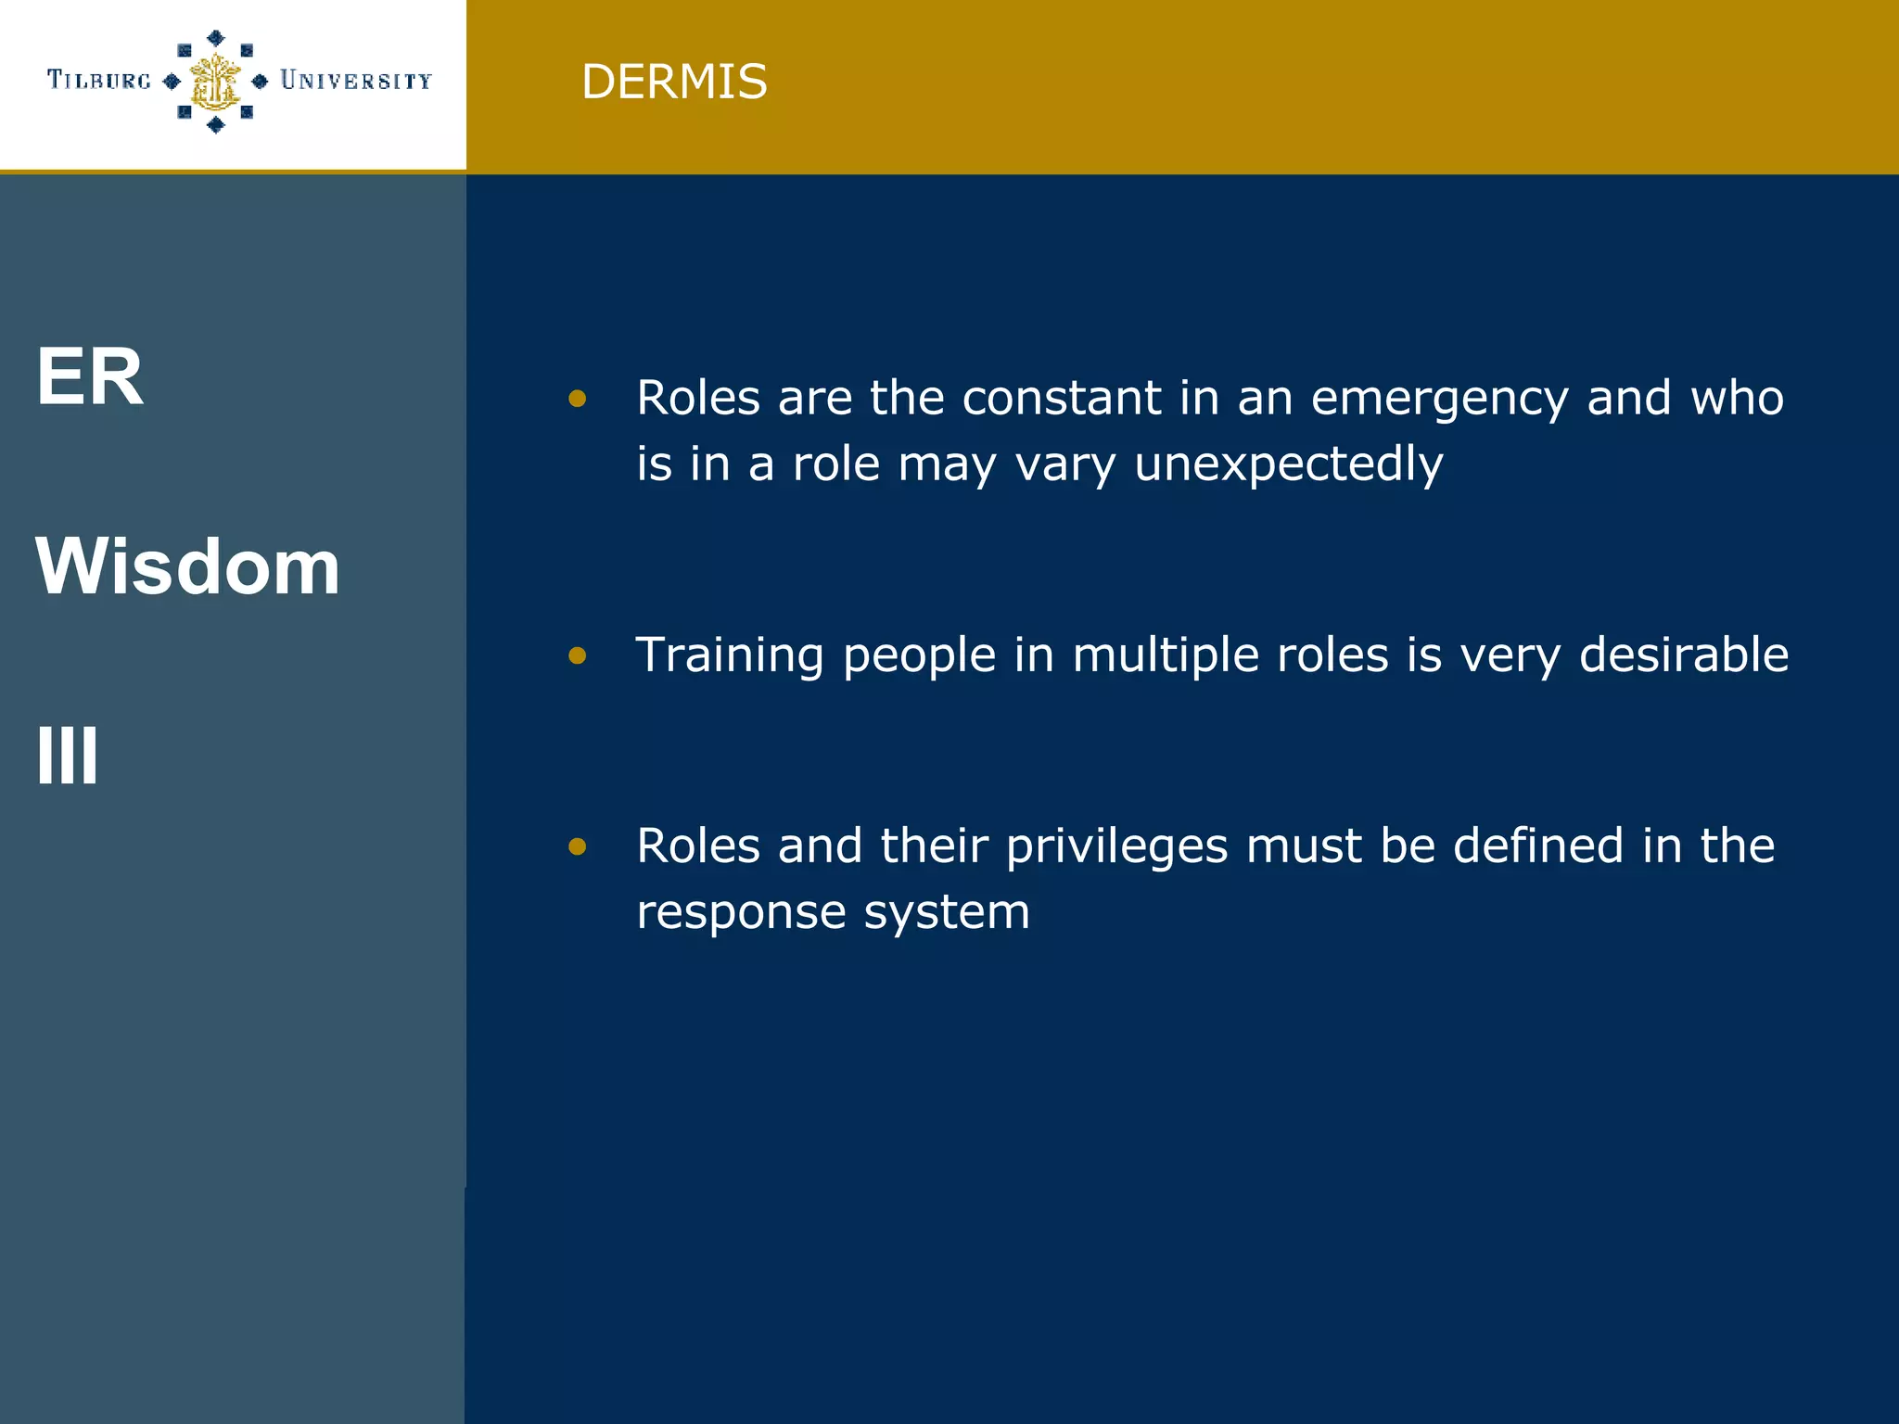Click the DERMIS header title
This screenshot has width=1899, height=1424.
[x=674, y=82]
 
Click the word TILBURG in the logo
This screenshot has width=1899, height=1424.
[x=99, y=81]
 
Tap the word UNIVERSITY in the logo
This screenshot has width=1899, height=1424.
[x=356, y=81]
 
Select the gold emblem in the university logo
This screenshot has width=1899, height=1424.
[x=215, y=82]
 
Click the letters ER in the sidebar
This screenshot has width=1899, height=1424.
[x=90, y=376]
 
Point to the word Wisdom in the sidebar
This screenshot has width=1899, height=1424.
[x=187, y=566]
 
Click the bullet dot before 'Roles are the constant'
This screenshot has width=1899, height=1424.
[x=578, y=399]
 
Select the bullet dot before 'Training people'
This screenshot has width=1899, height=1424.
[x=578, y=655]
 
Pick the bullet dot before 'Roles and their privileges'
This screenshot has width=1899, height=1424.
[x=578, y=845]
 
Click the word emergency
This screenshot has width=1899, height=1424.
[x=1440, y=399]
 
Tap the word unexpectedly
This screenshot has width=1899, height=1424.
[x=1289, y=464]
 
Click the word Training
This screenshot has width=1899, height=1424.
[x=730, y=655]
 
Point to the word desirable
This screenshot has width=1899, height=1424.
[x=1684, y=655]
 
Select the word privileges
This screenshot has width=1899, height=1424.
[x=1116, y=846]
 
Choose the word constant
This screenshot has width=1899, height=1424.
[x=1062, y=398]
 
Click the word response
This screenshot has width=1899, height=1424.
[x=741, y=912]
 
